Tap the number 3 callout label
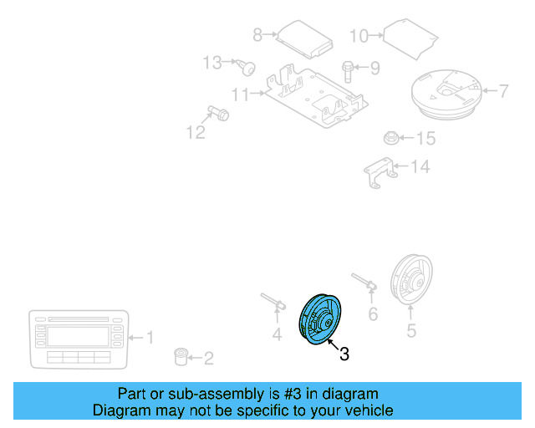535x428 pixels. pyautogui.click(x=344, y=354)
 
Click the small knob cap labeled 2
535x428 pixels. pyautogui.click(x=179, y=358)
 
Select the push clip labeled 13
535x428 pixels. pyautogui.click(x=378, y=171)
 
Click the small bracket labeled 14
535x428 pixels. pyautogui.click(x=390, y=137)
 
